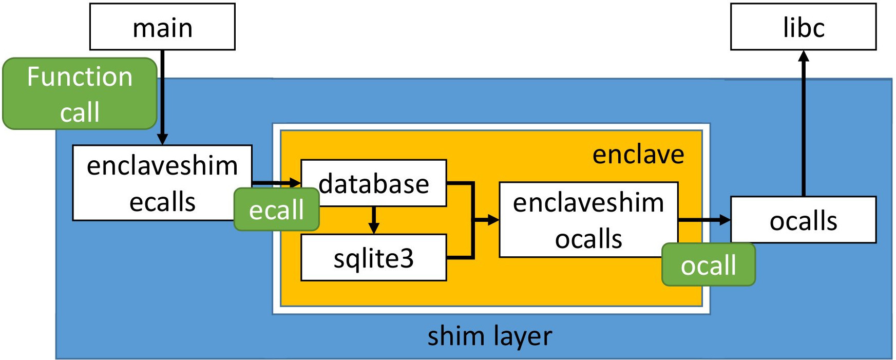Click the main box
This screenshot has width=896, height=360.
pos(162,27)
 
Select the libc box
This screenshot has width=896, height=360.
pos(803,27)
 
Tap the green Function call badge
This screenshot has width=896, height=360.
pos(80,93)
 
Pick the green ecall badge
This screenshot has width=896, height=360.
pos(276,210)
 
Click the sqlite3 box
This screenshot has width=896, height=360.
pos(373,258)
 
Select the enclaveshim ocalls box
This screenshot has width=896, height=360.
pos(588,220)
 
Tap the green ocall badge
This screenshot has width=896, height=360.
pos(708,265)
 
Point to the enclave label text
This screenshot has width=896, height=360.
pos(638,154)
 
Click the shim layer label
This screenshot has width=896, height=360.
pos(489,336)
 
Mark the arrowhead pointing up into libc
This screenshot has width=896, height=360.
pos(804,55)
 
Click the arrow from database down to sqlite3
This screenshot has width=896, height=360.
pos(374,220)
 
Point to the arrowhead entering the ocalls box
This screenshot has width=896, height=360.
pos(725,220)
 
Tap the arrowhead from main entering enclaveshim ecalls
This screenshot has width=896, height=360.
pos(162,139)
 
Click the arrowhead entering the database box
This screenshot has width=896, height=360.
pos(295,182)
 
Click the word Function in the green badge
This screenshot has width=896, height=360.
pos(80,77)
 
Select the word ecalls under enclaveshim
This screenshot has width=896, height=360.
pos(162,202)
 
